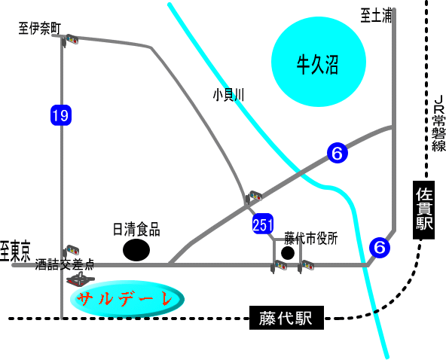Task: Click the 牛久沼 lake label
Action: [317, 65]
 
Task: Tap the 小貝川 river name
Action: [228, 95]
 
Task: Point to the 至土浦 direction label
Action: [376, 16]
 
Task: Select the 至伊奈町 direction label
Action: [40, 29]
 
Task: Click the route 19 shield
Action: [61, 115]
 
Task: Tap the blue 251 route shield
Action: [263, 224]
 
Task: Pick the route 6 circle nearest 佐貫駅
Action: [380, 248]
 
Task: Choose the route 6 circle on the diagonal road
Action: [338, 154]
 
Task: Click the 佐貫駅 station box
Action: [424, 210]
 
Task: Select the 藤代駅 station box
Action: [286, 318]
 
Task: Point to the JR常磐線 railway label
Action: [439, 123]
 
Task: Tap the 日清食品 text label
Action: [136, 229]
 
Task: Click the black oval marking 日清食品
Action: [136, 250]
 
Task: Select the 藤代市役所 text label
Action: [311, 238]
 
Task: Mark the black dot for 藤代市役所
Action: [288, 253]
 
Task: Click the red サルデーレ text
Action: [125, 299]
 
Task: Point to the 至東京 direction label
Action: [15, 252]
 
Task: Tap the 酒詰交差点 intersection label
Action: [65, 264]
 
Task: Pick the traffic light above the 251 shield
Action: [253, 197]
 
